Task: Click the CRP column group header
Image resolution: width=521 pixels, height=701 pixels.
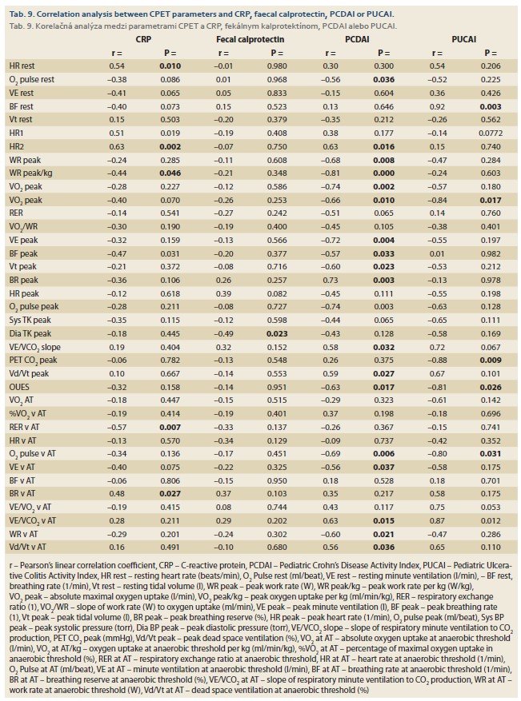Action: [143, 39]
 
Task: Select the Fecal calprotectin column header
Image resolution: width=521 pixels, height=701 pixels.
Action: [250, 39]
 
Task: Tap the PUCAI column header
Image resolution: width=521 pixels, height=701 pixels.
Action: [463, 39]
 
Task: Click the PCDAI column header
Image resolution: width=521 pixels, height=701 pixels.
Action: [357, 39]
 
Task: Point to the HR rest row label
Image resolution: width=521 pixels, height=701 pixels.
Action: [22, 66]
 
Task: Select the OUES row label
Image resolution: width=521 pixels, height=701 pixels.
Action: [19, 387]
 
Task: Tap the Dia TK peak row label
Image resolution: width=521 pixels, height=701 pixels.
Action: [30, 333]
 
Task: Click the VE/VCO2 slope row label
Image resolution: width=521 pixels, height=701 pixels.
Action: [35, 348]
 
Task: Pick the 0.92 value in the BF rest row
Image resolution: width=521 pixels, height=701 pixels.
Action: [437, 106]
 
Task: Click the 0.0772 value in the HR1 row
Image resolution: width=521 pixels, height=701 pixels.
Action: [490, 133]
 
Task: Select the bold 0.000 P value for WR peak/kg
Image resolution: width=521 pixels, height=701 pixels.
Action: [383, 173]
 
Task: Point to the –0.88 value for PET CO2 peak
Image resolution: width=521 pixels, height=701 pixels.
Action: [437, 360]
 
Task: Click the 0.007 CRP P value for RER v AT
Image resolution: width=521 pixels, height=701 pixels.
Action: [170, 427]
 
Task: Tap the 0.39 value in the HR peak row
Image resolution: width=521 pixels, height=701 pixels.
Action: [224, 293]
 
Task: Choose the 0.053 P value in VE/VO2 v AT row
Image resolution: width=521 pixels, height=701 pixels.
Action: [490, 507]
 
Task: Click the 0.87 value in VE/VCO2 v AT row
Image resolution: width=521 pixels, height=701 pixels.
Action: [437, 520]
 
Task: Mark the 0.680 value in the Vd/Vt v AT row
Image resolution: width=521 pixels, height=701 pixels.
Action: [277, 547]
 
